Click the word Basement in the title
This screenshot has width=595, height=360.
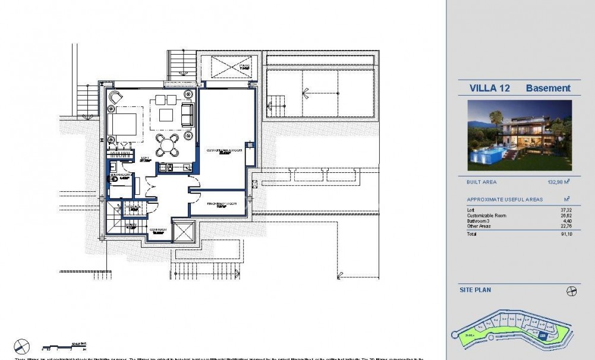pos(547,89)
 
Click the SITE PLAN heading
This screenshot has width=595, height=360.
pos(475,290)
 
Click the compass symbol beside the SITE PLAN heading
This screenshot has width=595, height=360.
pos(572,291)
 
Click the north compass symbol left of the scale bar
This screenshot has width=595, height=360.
pos(22,345)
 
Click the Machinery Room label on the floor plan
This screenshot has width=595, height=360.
pos(222,204)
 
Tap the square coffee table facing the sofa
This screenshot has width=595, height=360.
pos(166,114)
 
